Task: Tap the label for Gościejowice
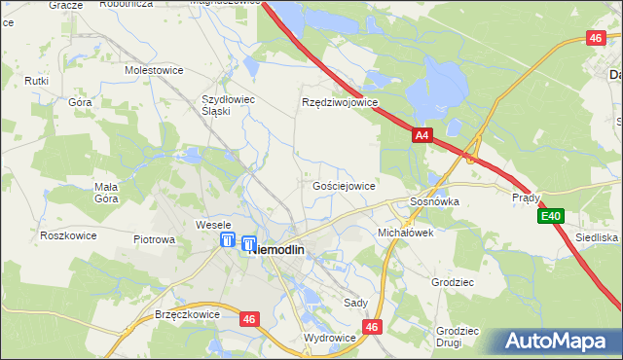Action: tap(344, 185)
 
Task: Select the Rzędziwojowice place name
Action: tap(339, 102)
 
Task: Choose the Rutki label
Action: tap(37, 81)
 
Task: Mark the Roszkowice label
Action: tap(65, 235)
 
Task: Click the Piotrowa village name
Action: tap(154, 238)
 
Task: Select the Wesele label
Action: tap(213, 225)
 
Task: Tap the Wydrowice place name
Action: tap(330, 338)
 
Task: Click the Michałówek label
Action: tap(405, 234)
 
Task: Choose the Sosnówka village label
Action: tap(433, 201)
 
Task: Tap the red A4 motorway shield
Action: tap(421, 138)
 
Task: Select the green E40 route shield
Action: tap(552, 216)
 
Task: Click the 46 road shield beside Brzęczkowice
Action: tap(250, 317)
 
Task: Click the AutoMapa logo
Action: tap(558, 342)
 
